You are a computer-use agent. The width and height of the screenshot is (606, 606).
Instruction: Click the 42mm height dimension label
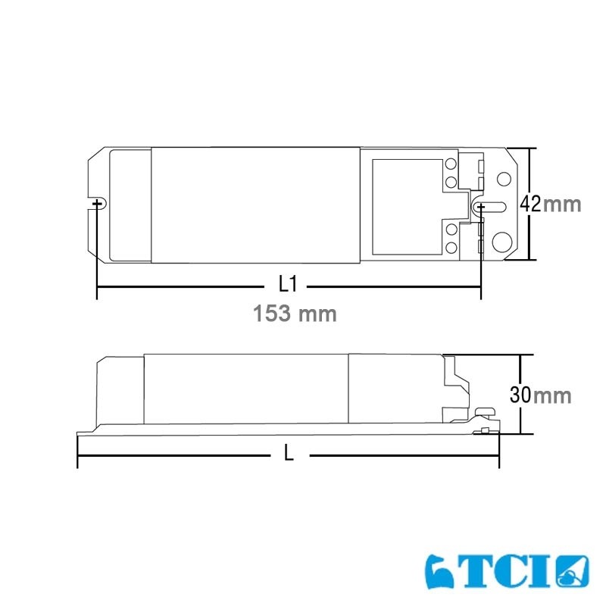[x=550, y=204]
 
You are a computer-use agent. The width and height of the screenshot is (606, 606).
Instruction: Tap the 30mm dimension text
[x=539, y=395]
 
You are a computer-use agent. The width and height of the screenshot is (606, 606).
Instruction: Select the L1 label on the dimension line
[x=287, y=284]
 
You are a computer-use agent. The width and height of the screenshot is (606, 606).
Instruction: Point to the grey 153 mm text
[x=293, y=313]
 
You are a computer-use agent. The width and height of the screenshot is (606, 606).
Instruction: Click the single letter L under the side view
[x=289, y=453]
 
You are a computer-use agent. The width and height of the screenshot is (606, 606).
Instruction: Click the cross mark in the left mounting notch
[x=97, y=204]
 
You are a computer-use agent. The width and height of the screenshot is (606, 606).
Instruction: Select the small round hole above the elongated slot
[x=503, y=180]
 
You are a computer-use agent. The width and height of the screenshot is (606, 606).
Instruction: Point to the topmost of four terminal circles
[x=450, y=164]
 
